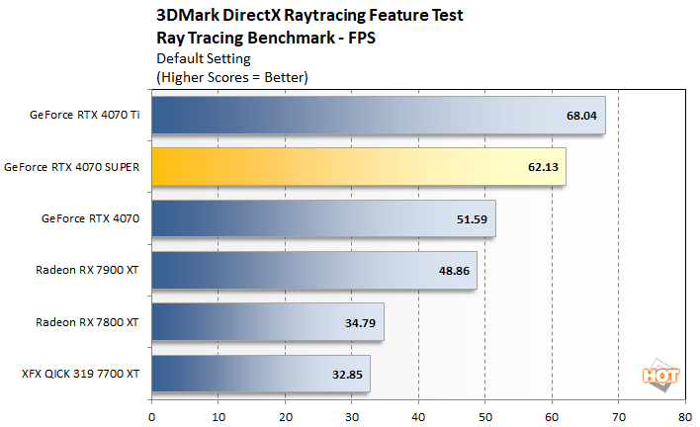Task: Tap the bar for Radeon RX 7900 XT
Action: (314, 270)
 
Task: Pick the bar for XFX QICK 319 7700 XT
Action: (261, 375)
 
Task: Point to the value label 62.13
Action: (544, 167)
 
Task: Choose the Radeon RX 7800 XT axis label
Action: (87, 322)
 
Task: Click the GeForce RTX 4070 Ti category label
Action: (85, 115)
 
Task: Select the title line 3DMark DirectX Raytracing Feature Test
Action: (309, 16)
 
